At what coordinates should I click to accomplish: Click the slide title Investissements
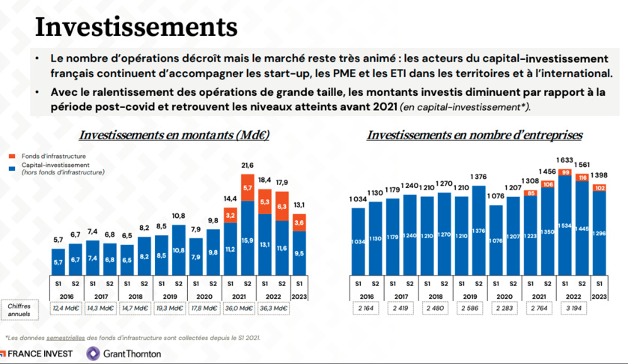pos(136,27)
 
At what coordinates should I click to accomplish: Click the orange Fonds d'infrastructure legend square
pos(13,156)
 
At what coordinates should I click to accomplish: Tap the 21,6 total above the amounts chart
pos(247,166)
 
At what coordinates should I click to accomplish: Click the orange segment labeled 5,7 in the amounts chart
pos(247,189)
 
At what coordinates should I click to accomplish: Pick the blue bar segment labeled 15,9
pos(247,240)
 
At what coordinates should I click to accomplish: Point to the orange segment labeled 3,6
pos(298,222)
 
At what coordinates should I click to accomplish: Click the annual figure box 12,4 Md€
pos(66,307)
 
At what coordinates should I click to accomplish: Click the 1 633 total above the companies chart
pos(564,160)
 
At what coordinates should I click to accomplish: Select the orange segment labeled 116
pos(582,178)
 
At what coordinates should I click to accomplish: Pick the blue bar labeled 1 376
pos(479,231)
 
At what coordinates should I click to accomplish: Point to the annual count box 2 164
pos(367,307)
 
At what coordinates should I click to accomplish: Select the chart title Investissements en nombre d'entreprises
pos(475,136)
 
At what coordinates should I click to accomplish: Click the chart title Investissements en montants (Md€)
pos(174,136)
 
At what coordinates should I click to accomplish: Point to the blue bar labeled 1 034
pos(359,241)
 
